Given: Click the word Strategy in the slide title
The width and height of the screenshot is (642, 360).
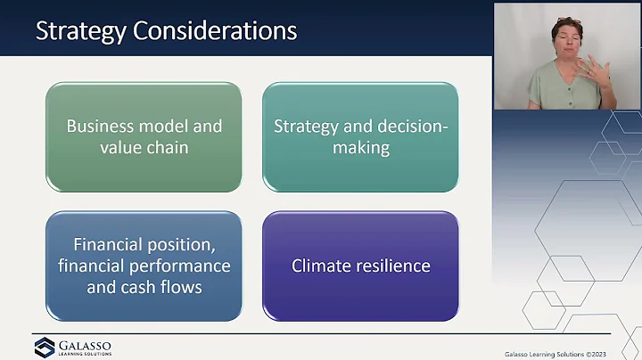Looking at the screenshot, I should coord(79,31).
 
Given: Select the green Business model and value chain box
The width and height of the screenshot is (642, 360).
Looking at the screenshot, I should coord(144,136).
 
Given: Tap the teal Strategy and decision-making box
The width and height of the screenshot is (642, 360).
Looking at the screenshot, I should coord(360,136).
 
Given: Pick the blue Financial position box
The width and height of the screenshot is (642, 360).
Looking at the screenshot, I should coord(144,266).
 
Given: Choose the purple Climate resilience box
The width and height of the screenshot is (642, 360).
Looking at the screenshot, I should coord(360,266).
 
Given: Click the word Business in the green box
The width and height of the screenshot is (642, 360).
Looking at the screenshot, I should coord(99,126).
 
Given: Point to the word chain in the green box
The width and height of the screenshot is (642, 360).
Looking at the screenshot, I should coord(168,147).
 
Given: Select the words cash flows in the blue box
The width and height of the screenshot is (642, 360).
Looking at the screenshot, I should coord(165,287).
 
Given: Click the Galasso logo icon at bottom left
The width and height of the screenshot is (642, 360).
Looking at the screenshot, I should coord(45,347).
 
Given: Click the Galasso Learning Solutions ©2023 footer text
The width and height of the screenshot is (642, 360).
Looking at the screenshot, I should coord(569,352).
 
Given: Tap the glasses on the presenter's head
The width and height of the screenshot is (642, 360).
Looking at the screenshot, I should coord(567,20).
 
